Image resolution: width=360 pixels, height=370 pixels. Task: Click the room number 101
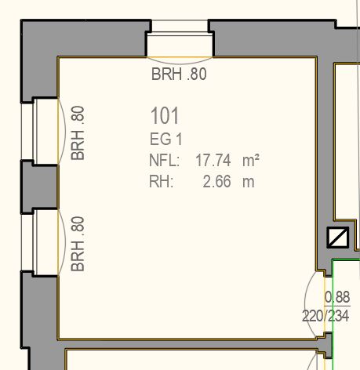pyautogui.click(x=165, y=115)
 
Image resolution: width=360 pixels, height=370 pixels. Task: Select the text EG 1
pyautogui.click(x=166, y=139)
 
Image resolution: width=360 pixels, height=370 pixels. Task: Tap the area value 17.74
pyautogui.click(x=213, y=160)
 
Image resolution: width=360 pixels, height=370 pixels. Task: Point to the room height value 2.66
pyautogui.click(x=217, y=181)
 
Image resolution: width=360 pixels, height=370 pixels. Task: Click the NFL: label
pyautogui.click(x=165, y=160)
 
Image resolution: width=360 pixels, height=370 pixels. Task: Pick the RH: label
pyautogui.click(x=162, y=181)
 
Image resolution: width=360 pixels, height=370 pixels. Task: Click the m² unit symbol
pyautogui.click(x=251, y=160)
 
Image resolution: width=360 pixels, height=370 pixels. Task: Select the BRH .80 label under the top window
pyautogui.click(x=179, y=74)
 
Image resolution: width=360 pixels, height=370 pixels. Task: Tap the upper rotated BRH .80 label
pyautogui.click(x=78, y=133)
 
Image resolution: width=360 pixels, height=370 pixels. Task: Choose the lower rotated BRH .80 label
pyautogui.click(x=78, y=244)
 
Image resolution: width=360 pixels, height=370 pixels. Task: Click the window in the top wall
pyautogui.click(x=180, y=38)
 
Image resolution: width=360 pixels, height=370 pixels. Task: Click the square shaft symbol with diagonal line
pyautogui.click(x=338, y=238)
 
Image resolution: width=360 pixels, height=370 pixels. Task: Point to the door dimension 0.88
pyautogui.click(x=337, y=297)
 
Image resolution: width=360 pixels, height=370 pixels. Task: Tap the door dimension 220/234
pyautogui.click(x=325, y=316)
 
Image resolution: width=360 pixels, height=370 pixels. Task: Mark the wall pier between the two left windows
pyautogui.click(x=39, y=187)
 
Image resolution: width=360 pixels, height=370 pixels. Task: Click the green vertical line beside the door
pyautogui.click(x=333, y=314)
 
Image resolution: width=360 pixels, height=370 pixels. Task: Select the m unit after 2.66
pyautogui.click(x=249, y=182)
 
